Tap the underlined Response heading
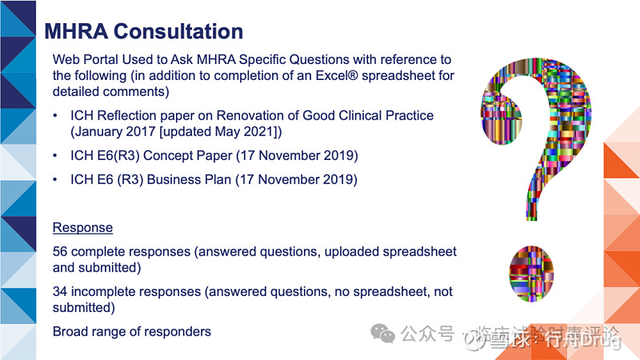click(82, 227)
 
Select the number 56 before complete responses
click(61, 252)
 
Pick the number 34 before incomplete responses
click(61, 291)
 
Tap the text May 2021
click(245, 131)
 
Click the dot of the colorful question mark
click(532, 268)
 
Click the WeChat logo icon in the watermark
click(386, 333)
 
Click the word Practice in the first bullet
click(408, 115)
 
